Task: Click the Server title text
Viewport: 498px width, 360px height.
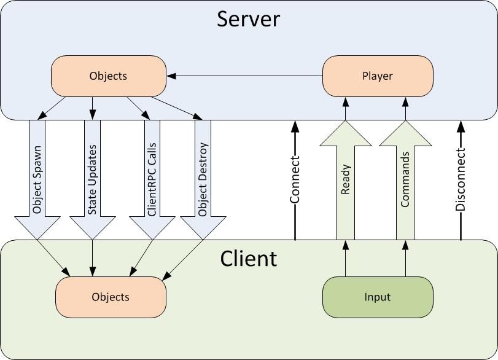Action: (x=249, y=19)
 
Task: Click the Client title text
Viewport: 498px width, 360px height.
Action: (x=249, y=258)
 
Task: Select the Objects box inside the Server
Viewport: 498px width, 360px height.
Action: (x=108, y=76)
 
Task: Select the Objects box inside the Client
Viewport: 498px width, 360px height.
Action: (x=111, y=297)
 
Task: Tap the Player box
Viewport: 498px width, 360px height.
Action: (x=378, y=76)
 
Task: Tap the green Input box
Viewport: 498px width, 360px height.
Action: (x=378, y=297)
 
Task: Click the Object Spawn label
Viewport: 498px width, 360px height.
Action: (x=37, y=178)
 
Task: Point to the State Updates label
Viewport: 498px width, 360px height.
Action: (x=92, y=178)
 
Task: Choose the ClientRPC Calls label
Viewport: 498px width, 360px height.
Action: (x=152, y=178)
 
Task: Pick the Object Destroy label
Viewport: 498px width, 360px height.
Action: (x=203, y=178)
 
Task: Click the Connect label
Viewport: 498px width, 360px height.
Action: (x=295, y=179)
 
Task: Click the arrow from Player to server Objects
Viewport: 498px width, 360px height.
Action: (x=246, y=76)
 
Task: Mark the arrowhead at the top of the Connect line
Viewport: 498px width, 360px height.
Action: (x=295, y=127)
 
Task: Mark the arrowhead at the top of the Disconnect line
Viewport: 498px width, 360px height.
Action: (x=461, y=127)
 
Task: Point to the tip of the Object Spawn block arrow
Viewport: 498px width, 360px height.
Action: (x=37, y=236)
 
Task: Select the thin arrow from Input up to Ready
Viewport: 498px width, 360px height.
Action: (x=345, y=258)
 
